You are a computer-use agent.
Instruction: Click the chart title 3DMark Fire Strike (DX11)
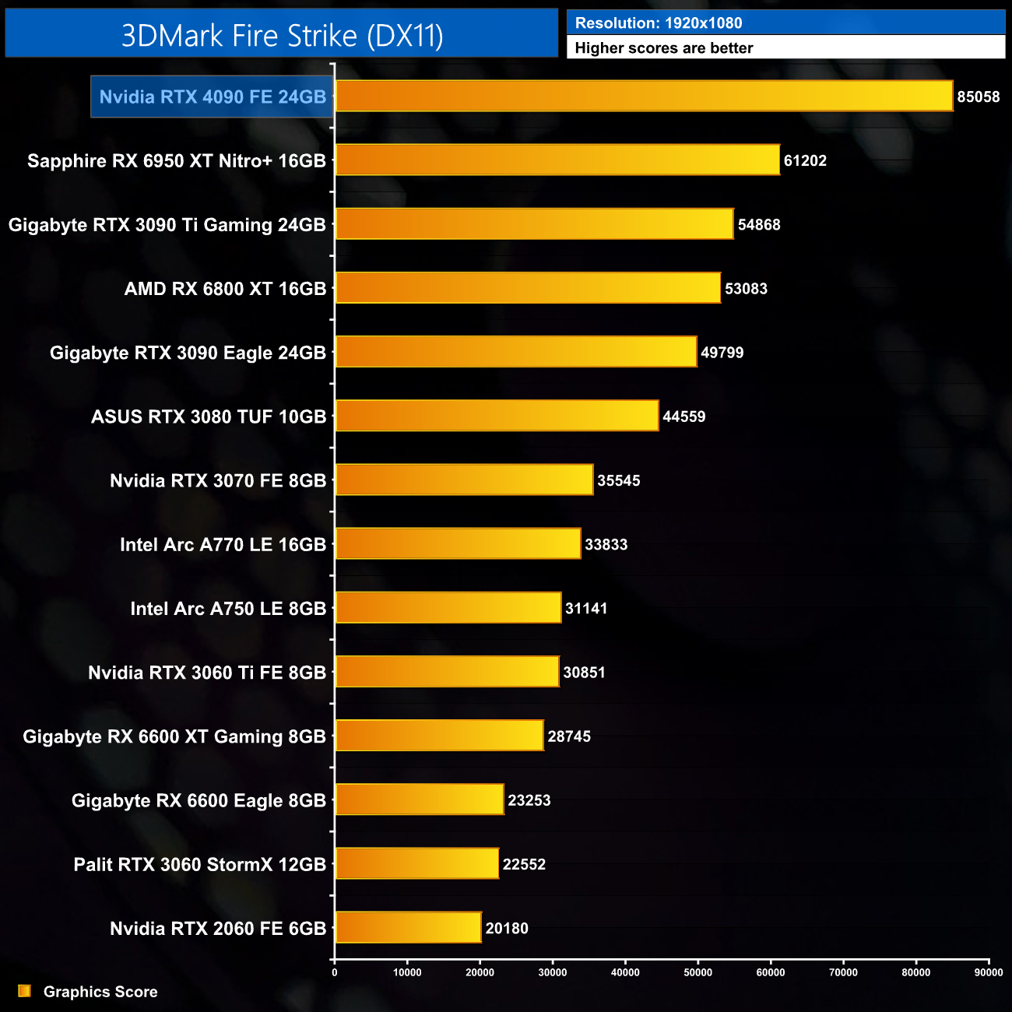282,36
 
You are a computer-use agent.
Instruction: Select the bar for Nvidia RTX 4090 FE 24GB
644,96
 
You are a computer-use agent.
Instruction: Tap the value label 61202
805,161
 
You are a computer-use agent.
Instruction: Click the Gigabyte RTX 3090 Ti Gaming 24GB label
167,225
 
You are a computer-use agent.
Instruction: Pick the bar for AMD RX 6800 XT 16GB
528,288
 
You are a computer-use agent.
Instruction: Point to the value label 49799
722,353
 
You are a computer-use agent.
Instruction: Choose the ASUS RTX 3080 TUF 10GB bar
497,416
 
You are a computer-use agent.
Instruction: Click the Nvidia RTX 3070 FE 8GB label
218,480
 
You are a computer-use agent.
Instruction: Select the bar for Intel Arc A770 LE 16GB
458,543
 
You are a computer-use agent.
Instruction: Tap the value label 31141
586,609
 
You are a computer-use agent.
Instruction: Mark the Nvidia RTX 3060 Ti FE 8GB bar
447,672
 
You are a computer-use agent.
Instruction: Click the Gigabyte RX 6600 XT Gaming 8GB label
174,736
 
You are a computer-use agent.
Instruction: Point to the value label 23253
529,800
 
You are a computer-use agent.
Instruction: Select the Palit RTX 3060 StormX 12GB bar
416,863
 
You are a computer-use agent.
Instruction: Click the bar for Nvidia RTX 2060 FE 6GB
408,927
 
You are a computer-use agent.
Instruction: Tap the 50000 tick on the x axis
698,972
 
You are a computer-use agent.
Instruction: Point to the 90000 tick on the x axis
989,972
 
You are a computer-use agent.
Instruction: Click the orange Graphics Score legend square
24,991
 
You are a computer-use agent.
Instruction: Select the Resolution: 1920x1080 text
659,23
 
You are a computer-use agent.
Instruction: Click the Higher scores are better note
664,48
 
